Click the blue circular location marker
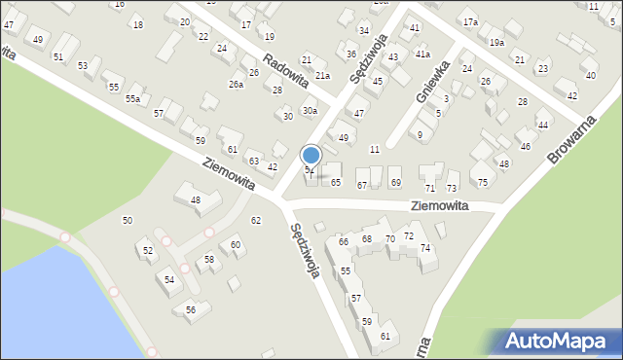[311, 155]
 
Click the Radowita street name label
[285, 68]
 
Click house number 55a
[132, 98]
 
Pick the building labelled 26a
[236, 85]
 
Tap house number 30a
[310, 111]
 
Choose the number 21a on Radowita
[321, 75]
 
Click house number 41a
[422, 54]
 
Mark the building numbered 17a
[470, 22]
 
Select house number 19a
[496, 42]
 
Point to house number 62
[256, 221]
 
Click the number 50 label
[127, 221]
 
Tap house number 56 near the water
[191, 309]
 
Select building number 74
[425, 248]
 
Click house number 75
[483, 182]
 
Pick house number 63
[253, 161]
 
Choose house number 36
[350, 54]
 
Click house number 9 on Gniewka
[420, 134]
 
